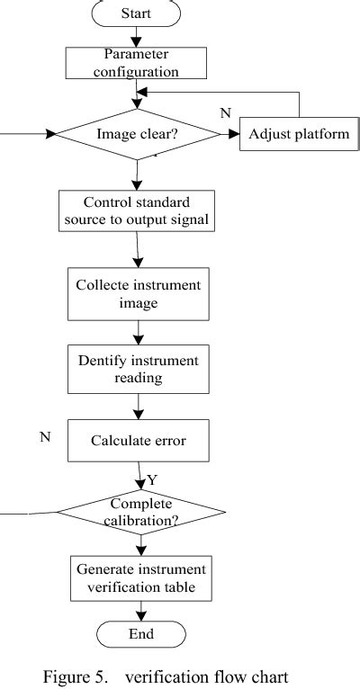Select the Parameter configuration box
click(137, 61)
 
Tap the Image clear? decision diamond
click(137, 135)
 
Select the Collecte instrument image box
click(137, 294)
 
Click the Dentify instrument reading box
click(137, 369)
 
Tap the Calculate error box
click(137, 441)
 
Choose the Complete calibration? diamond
click(140, 513)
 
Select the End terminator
click(140, 634)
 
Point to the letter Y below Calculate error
click(152, 480)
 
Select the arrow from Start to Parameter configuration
click(137, 37)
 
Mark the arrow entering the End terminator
click(140, 613)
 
